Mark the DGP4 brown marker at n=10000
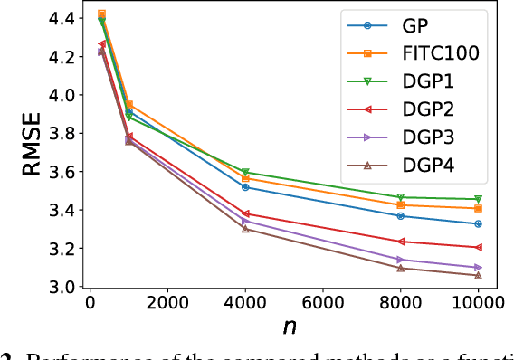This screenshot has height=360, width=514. [478, 275]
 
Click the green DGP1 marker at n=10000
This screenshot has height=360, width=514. [478, 199]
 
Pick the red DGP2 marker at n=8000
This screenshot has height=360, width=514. [400, 242]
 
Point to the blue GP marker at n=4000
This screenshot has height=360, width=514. [245, 187]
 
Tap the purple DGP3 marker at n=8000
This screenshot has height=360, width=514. [400, 260]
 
